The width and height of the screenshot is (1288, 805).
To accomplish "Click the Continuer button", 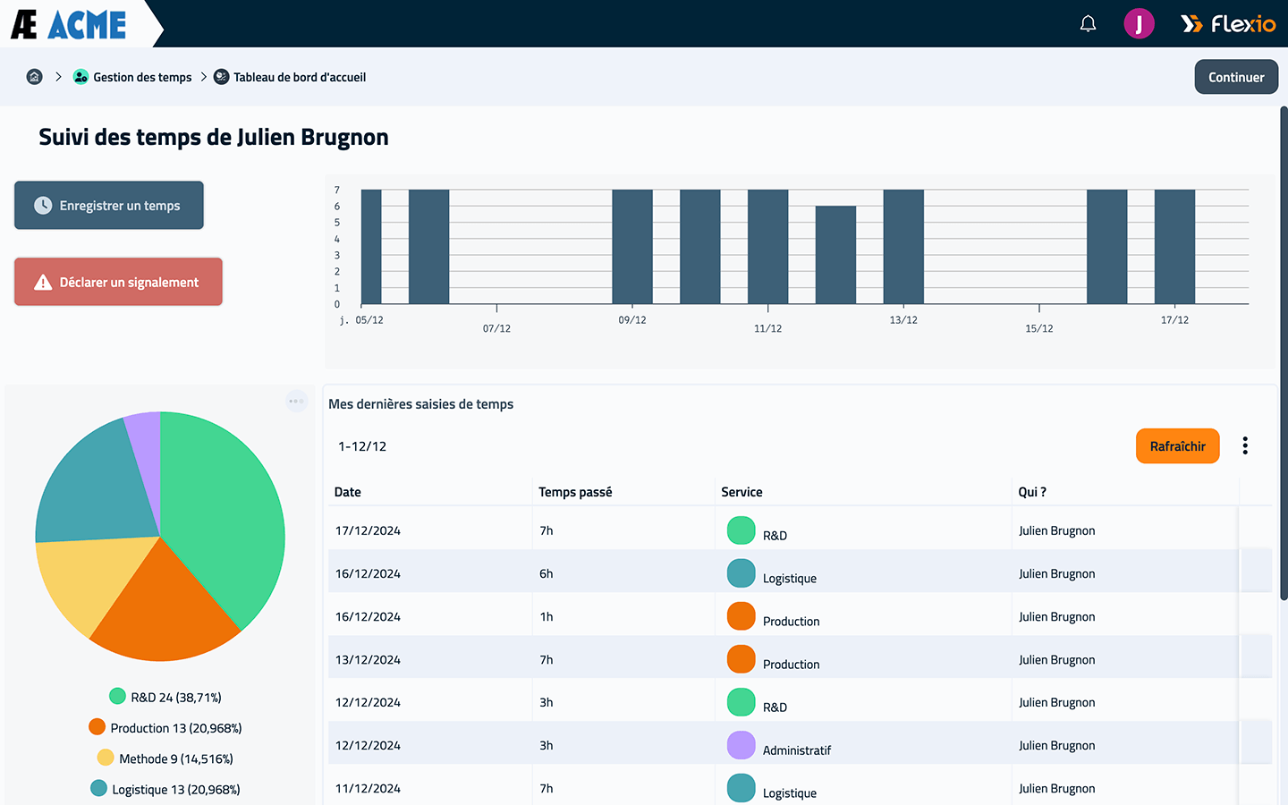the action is click(1236, 77).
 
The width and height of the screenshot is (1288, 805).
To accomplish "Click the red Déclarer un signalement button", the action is click(118, 282).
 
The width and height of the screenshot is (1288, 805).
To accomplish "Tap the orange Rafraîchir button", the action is click(1178, 446).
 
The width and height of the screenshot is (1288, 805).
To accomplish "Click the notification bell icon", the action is click(1088, 23).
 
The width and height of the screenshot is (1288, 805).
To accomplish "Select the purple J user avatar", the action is click(1140, 23).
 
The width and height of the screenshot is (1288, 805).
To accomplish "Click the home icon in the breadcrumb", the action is click(35, 77).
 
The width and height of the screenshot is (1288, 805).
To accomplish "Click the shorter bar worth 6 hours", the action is click(835, 255).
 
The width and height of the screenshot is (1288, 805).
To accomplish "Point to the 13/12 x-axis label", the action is click(903, 319).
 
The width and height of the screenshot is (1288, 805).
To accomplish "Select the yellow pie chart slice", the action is click(86, 580).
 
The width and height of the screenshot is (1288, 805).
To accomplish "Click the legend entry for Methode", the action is click(165, 758).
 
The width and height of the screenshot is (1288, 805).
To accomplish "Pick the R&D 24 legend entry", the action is click(165, 697).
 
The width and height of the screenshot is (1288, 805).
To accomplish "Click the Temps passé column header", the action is click(575, 492).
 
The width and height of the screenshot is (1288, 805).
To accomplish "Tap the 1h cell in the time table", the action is click(547, 616).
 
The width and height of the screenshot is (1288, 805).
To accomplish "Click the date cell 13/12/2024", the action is click(368, 659).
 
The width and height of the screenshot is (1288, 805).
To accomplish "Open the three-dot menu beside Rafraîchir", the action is click(1245, 445).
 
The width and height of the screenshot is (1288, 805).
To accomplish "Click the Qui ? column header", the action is click(1032, 492).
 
